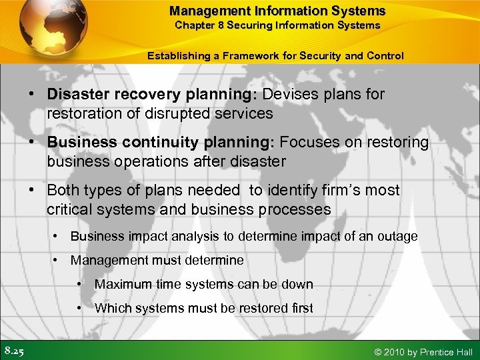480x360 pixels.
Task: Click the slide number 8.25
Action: point(15,351)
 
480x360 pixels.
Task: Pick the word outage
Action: point(399,236)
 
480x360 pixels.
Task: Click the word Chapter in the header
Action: point(193,25)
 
